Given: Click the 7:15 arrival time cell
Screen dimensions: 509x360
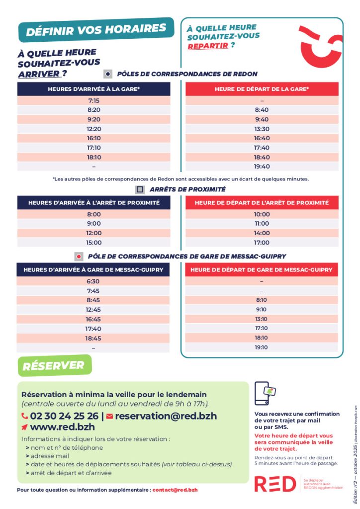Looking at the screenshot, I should (93, 100).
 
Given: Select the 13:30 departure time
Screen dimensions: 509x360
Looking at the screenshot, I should (262, 129).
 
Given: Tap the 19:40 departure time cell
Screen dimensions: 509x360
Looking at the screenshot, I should (262, 167).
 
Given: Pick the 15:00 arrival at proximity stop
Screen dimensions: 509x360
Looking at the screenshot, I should (93, 243).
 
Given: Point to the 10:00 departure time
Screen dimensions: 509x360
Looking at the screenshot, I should (262, 214).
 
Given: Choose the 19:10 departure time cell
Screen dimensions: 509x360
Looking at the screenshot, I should (262, 347).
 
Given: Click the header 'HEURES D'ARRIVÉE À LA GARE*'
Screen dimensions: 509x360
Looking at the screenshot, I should (93, 89).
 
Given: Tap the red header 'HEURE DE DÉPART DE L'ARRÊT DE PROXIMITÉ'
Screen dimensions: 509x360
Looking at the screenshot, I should (262, 203).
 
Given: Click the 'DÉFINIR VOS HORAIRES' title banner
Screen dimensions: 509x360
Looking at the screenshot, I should (95, 30).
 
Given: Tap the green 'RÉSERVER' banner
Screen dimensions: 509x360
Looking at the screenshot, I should (54, 366).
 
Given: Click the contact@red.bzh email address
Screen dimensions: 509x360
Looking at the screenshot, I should (175, 490).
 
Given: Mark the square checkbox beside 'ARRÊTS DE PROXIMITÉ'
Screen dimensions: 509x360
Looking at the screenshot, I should (140, 189).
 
